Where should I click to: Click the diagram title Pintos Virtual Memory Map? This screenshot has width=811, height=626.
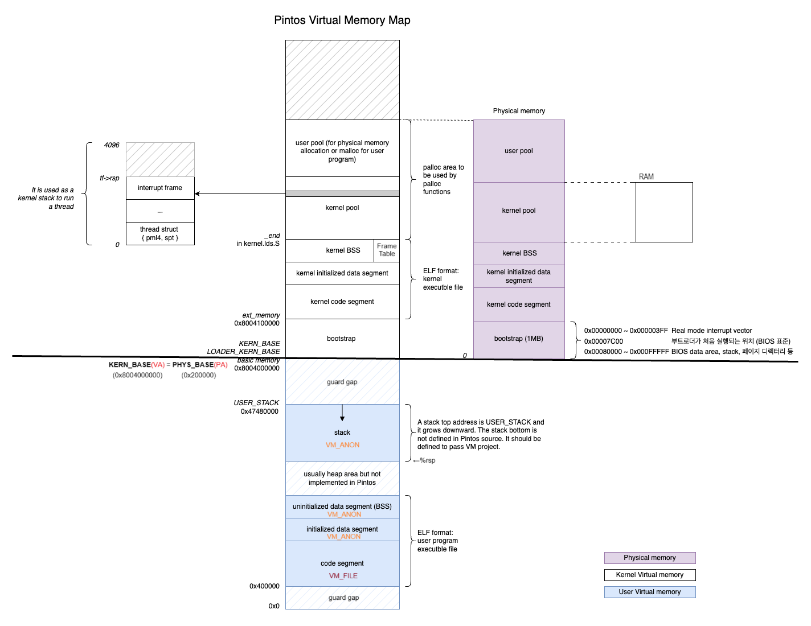(x=342, y=20)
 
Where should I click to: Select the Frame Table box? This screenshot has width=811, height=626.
(x=386, y=250)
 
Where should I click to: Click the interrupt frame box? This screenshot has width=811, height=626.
(x=160, y=188)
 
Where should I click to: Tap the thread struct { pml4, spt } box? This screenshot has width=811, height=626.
(x=160, y=233)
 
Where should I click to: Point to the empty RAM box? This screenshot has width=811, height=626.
(x=664, y=212)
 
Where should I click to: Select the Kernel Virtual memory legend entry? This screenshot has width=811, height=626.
(x=649, y=575)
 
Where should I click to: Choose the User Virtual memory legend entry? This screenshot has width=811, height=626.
(x=649, y=592)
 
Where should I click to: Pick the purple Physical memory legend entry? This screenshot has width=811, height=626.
(x=649, y=557)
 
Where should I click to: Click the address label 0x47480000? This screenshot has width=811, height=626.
(x=259, y=411)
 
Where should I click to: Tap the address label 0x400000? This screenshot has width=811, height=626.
(x=264, y=586)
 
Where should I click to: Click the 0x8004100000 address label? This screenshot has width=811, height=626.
(x=257, y=323)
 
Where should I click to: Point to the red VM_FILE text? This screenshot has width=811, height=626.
(x=343, y=576)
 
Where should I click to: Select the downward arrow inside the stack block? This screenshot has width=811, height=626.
(x=342, y=413)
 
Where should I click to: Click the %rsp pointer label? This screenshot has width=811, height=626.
(x=424, y=460)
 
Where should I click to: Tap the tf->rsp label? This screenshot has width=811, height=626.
(x=109, y=178)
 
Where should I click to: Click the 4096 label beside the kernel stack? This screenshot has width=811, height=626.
(x=112, y=145)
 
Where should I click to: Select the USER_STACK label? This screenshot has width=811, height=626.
(x=256, y=403)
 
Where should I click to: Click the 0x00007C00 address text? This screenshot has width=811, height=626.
(x=604, y=341)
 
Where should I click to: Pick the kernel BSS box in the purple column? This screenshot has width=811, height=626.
(x=519, y=254)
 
